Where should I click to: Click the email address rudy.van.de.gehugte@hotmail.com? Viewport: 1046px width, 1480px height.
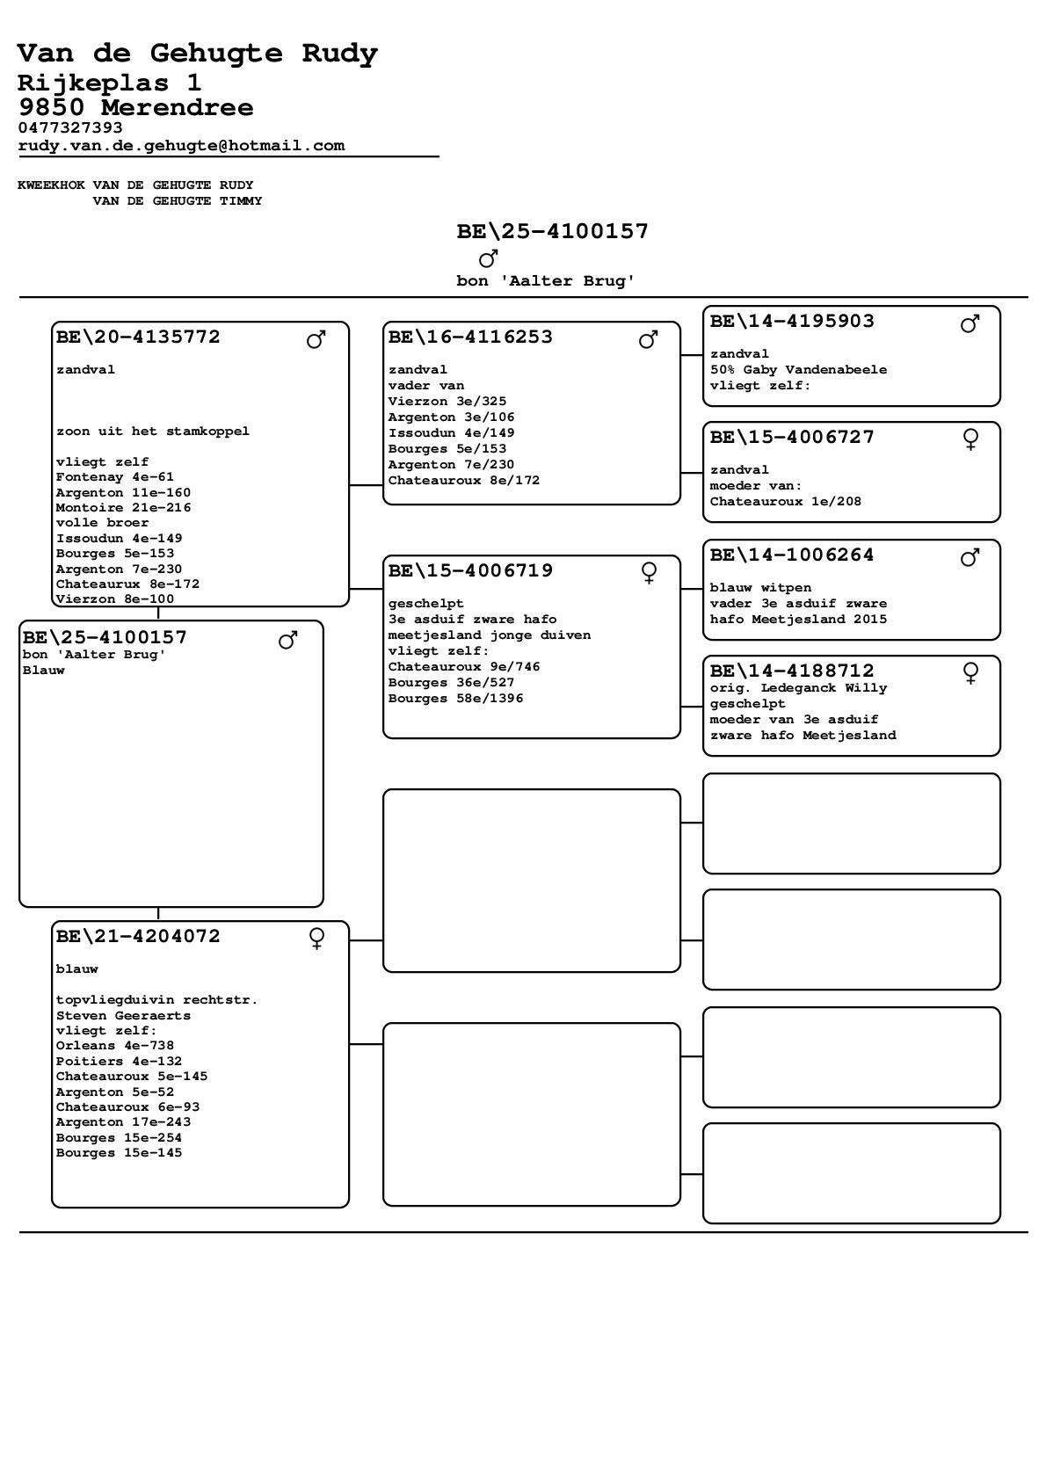(181, 146)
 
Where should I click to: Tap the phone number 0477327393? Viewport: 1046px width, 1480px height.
(70, 127)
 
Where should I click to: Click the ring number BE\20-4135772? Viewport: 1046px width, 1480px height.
(138, 337)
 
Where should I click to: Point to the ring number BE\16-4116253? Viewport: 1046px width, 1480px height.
(470, 337)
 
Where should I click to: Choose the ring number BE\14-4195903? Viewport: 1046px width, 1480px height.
(792, 321)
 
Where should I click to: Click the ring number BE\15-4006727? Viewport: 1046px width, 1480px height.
(792, 437)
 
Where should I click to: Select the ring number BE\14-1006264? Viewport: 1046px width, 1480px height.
(792, 555)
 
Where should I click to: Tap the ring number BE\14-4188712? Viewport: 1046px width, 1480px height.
(792, 671)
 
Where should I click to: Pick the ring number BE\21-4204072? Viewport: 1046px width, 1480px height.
(138, 936)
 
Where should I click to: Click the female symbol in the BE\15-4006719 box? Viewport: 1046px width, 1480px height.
(649, 573)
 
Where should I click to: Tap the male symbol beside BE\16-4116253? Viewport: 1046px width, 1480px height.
(649, 339)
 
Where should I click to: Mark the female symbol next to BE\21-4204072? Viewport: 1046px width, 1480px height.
(317, 939)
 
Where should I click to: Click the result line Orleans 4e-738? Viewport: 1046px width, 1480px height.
(115, 1046)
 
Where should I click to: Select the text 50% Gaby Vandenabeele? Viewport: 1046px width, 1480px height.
(798, 370)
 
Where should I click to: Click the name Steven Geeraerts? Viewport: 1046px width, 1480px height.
(123, 1015)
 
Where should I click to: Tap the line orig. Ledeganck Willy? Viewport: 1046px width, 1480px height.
(798, 688)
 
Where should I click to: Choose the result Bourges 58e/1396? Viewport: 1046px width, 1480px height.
(455, 699)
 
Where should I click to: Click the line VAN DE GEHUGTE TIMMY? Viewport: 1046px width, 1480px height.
(178, 201)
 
